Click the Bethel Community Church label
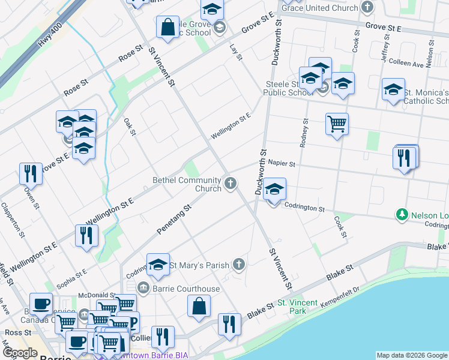point(187,184)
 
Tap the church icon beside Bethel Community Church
point(230,184)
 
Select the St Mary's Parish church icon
point(239,264)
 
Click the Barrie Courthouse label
point(186,289)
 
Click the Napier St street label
point(282,163)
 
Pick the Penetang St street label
point(173,219)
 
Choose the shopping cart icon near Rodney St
point(337,124)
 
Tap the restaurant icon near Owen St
point(29,173)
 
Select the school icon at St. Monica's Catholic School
point(393,90)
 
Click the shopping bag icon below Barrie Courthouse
point(199,305)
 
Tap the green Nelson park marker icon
point(402,214)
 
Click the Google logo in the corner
point(20,353)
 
